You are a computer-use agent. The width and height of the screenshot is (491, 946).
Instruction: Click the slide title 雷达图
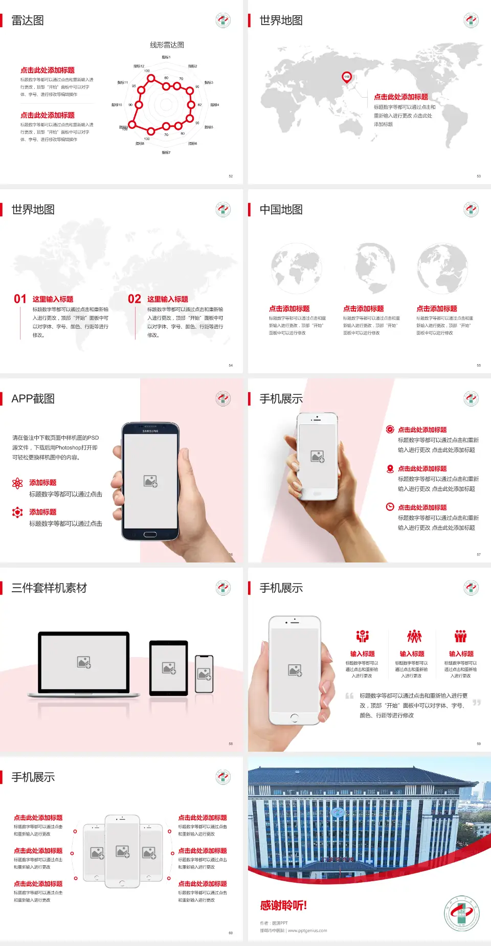coord(28,20)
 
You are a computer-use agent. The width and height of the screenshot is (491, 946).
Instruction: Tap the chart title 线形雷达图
coord(167,45)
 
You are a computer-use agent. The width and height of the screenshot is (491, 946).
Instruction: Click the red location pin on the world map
coord(347,77)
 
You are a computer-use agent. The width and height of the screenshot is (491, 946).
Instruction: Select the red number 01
coord(20,299)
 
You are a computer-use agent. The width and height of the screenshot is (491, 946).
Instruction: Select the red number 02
coord(135,299)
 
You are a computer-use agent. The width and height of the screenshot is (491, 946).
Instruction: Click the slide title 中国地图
coord(281,210)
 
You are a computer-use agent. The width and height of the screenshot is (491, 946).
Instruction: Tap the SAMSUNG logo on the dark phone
coord(150,431)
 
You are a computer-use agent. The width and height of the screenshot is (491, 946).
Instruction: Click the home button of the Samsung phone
coord(150,534)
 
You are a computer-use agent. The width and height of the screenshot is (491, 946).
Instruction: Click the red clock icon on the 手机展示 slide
coord(390,507)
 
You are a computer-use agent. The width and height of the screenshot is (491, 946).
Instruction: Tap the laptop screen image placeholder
coord(84,662)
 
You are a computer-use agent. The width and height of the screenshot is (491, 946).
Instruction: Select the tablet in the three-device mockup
coord(169,667)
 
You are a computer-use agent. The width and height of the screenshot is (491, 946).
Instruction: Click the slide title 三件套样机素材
coord(49,588)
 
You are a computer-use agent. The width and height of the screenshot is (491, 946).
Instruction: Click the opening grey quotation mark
coord(349,696)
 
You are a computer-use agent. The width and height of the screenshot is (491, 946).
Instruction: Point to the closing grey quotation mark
coord(477,703)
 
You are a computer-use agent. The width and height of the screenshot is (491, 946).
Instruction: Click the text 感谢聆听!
coord(283,906)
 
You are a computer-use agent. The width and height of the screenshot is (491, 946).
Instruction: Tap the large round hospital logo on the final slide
coord(462,913)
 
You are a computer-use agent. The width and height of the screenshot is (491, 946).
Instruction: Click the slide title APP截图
coord(33,399)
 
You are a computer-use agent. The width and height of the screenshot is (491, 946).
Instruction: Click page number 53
coord(479,176)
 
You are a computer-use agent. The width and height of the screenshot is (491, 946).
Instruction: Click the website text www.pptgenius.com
coord(307,931)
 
